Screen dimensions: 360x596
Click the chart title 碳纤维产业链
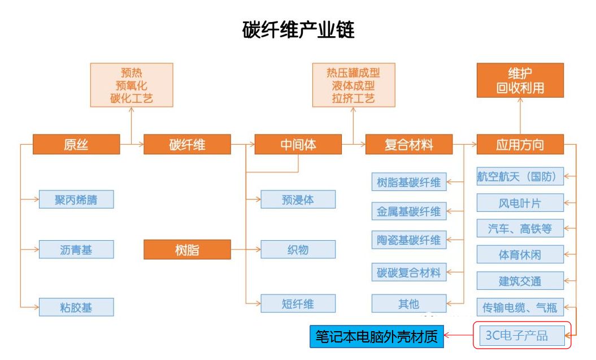tap(298, 30)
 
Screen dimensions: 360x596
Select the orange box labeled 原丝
tap(76, 145)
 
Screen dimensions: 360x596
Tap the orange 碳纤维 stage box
tap(187, 145)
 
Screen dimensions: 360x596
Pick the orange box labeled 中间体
tap(298, 145)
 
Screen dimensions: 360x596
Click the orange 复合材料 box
tap(409, 145)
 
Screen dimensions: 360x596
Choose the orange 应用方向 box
tap(520, 145)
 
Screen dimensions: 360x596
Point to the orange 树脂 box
tap(187, 250)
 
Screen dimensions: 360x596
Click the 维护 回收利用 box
tap(520, 80)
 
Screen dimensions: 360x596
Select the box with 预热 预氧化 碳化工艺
tap(132, 85)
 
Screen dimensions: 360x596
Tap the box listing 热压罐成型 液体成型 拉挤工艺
tap(354, 85)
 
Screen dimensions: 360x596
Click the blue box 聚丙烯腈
tap(76, 199)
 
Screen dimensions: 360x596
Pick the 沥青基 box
tap(76, 249)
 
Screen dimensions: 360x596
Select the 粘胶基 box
tap(76, 307)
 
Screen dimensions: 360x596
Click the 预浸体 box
tap(298, 199)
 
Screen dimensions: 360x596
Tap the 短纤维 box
tap(298, 303)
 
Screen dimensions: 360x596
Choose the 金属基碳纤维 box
tap(409, 211)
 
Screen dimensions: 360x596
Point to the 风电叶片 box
tap(520, 202)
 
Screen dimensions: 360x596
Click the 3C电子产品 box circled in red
tap(520, 336)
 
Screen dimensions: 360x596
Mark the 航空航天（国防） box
tap(520, 176)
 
